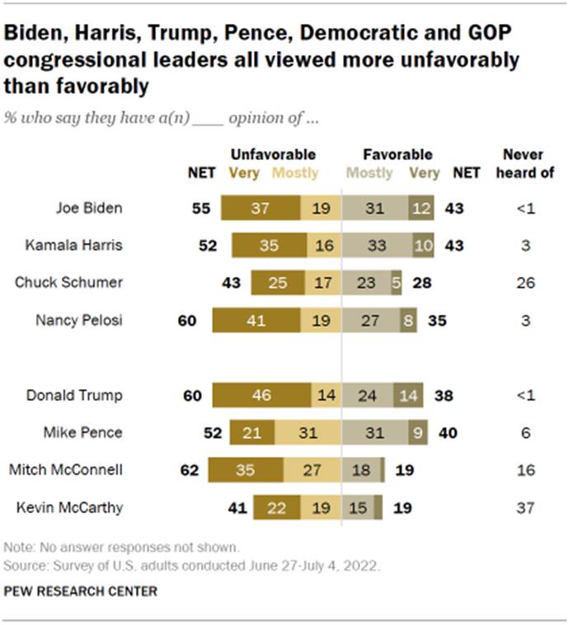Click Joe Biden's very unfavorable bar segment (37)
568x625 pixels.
pos(261,209)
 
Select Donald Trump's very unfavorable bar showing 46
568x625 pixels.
pos(261,395)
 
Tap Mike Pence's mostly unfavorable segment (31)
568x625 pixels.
pos(307,432)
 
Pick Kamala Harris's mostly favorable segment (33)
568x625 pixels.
pos(375,246)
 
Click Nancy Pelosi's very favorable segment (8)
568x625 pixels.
pos(408,320)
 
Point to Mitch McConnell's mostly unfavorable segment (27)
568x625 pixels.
pos(312,470)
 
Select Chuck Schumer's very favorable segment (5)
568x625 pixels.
pos(397,283)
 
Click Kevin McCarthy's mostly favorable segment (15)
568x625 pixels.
pos(358,507)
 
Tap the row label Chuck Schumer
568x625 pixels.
pos(68,283)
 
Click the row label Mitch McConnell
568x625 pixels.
pos(65,470)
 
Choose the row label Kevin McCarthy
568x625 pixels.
pos(69,507)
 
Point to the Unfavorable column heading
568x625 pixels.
pos(273,154)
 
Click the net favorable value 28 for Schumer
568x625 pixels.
pos(421,283)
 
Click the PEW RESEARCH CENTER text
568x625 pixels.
pos(80,591)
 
